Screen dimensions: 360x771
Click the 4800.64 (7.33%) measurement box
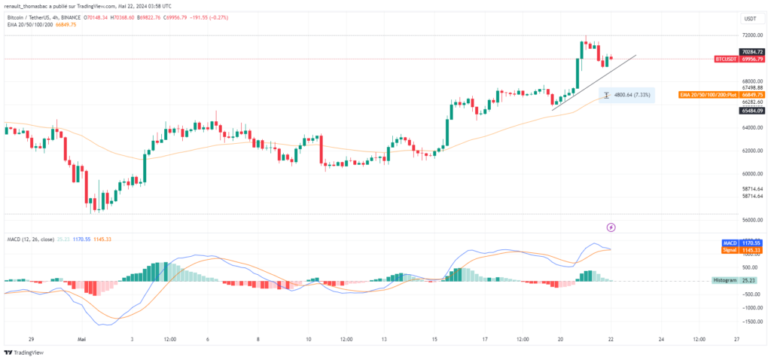pyautogui.click(x=626, y=95)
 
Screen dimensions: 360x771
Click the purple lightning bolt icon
pyautogui.click(x=611, y=227)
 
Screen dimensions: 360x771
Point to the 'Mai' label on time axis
pyautogui.click(x=82, y=340)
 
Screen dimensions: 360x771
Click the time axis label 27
pyautogui.click(x=736, y=340)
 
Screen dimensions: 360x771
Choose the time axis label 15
pyautogui.click(x=434, y=340)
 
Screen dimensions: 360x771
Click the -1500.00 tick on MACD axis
pyautogui.click(x=749, y=321)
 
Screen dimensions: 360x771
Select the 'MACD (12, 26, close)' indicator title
pyautogui.click(x=31, y=239)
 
